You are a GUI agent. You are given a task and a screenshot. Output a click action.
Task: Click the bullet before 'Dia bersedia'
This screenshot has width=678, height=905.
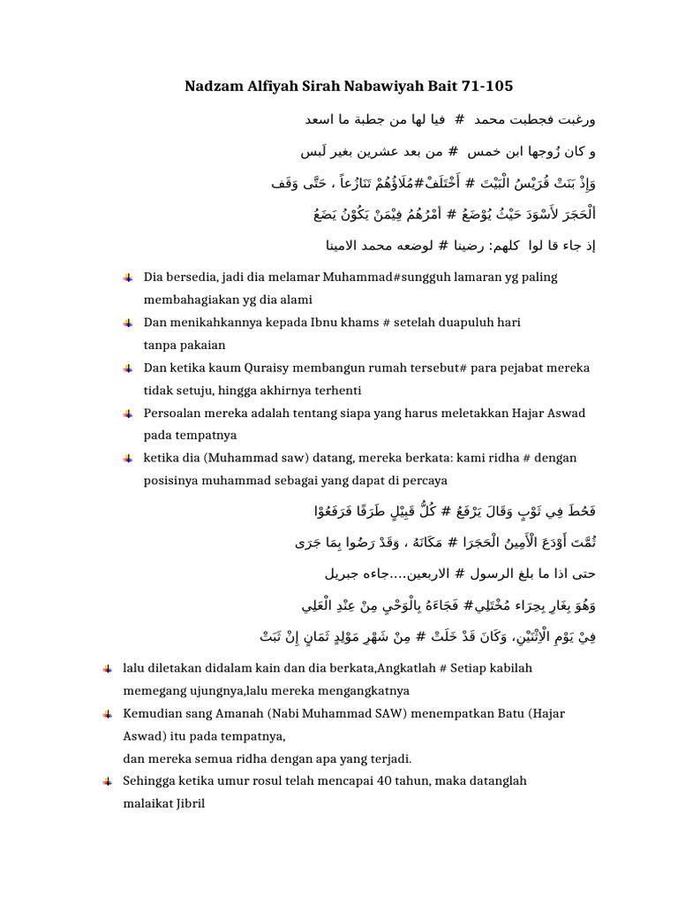pos(129,278)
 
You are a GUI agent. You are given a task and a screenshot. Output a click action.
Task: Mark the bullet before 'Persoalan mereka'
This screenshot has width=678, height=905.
pos(129,413)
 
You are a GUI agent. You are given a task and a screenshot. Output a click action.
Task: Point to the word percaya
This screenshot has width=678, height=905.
pos(422,480)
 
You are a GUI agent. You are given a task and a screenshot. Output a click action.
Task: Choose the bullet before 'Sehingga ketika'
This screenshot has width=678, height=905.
pos(107,781)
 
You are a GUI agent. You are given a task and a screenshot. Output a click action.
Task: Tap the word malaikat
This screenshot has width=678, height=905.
pos(147,803)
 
